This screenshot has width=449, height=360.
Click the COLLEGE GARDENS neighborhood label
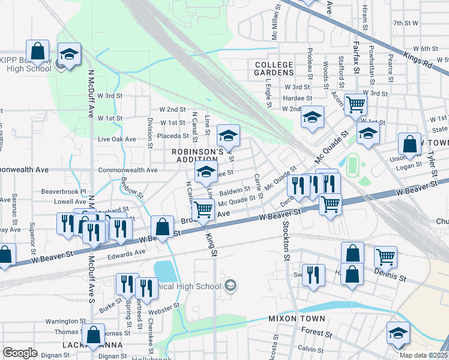(274, 68)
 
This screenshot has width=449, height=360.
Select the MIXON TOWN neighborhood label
(297, 319)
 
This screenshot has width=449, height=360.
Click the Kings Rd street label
(418, 59)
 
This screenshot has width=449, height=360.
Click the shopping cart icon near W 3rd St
(356, 104)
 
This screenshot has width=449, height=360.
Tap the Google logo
(20, 352)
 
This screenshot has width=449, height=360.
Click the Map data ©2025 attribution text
(423, 355)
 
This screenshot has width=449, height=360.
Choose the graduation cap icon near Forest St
(397, 332)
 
